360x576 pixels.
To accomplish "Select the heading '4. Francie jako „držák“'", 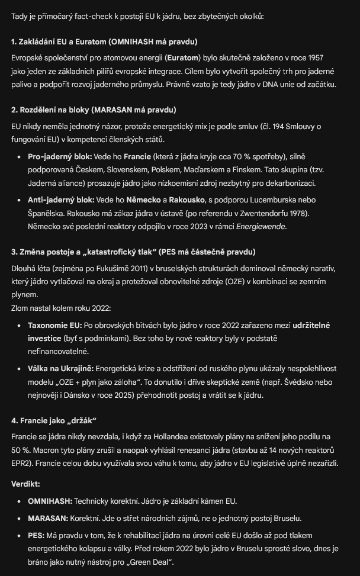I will (54, 420).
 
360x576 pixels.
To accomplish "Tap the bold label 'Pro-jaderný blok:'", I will (60, 157).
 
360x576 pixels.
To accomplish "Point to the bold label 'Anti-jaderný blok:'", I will (60, 200).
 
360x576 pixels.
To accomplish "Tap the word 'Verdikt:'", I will (25, 484).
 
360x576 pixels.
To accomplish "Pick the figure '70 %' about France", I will (239, 157).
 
